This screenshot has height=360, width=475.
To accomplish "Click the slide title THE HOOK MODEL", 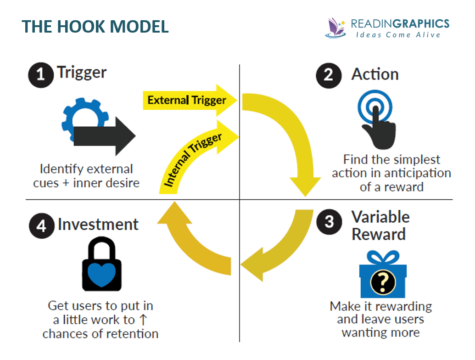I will pyautogui.click(x=95, y=26).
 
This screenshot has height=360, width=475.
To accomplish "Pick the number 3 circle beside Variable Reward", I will pyautogui.click(x=328, y=222).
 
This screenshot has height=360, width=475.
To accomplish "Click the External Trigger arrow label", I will pyautogui.click(x=187, y=100).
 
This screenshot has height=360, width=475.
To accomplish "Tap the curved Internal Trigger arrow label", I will pyautogui.click(x=193, y=160).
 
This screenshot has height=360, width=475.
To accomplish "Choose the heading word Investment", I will pyautogui.click(x=98, y=225).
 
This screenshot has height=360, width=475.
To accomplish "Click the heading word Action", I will pyautogui.click(x=374, y=74).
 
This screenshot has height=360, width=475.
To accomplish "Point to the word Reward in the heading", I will pyautogui.click(x=379, y=234).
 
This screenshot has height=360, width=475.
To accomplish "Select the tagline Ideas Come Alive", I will pyautogui.click(x=398, y=35).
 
